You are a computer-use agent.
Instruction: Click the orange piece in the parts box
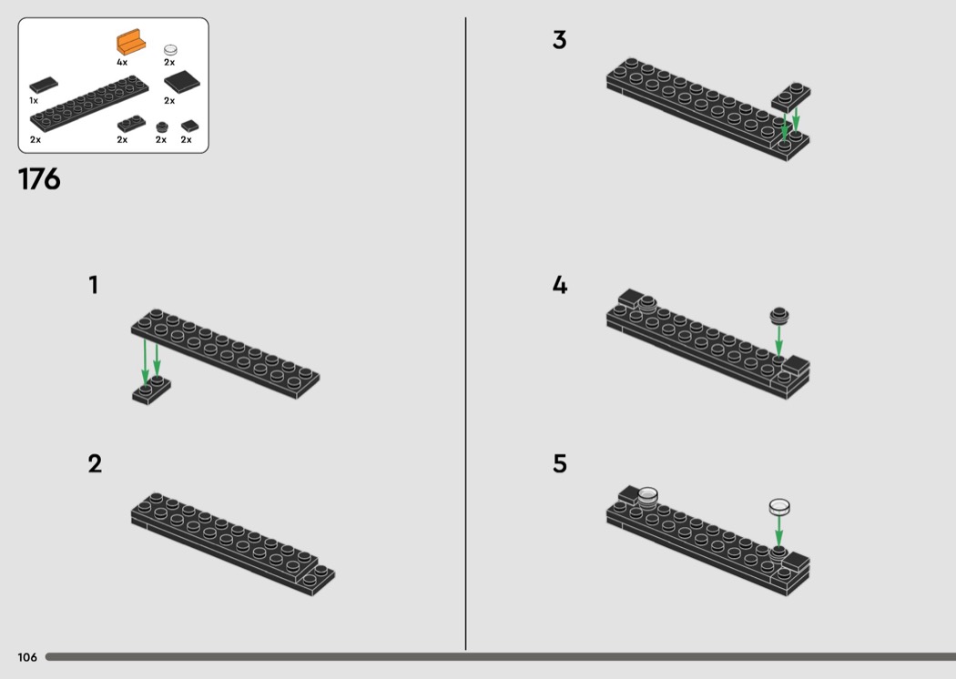[131, 43]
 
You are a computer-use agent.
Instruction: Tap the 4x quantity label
[122, 62]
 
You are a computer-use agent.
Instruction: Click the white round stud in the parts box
[171, 50]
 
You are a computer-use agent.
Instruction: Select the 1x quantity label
[34, 100]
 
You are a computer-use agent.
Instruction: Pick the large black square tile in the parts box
[182, 82]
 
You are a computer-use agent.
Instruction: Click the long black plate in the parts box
[89, 104]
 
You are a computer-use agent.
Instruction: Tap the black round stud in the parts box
[161, 127]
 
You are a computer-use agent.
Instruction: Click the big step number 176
[40, 179]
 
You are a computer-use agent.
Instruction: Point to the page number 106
[27, 657]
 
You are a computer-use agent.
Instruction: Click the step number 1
[93, 285]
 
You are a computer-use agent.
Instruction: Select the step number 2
[95, 464]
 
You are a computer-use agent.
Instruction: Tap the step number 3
[560, 40]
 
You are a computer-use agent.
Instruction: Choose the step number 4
[560, 285]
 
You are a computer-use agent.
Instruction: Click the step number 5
[560, 464]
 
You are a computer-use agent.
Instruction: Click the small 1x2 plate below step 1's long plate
[151, 390]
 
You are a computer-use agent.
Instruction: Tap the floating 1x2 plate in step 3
[791, 97]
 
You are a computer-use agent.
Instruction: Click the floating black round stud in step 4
[779, 315]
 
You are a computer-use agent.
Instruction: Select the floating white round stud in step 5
[779, 507]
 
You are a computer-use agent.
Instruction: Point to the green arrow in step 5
[778, 532]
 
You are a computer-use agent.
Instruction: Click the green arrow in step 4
[778, 340]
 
